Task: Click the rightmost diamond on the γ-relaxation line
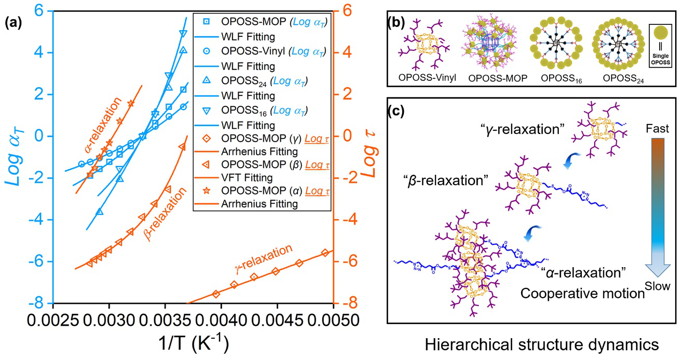[x=325, y=253]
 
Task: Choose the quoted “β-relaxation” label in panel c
[x=446, y=181]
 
